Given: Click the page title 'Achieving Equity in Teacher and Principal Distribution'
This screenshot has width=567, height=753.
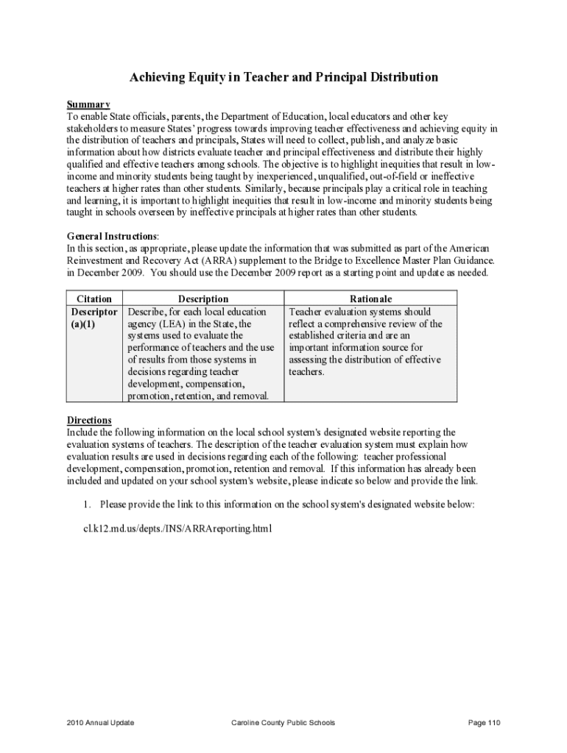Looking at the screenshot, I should click(283, 77).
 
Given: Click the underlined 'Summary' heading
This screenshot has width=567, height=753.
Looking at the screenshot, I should click(88, 104).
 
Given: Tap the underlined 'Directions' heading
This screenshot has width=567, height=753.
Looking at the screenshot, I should click(89, 420).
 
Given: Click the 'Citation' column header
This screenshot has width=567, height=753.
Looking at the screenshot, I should click(94, 299).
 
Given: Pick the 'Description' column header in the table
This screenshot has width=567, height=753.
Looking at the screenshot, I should click(203, 299).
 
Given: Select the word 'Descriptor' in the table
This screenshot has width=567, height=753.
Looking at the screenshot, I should click(93, 311).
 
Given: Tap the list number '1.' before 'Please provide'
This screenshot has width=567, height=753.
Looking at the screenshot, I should click(86, 504).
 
